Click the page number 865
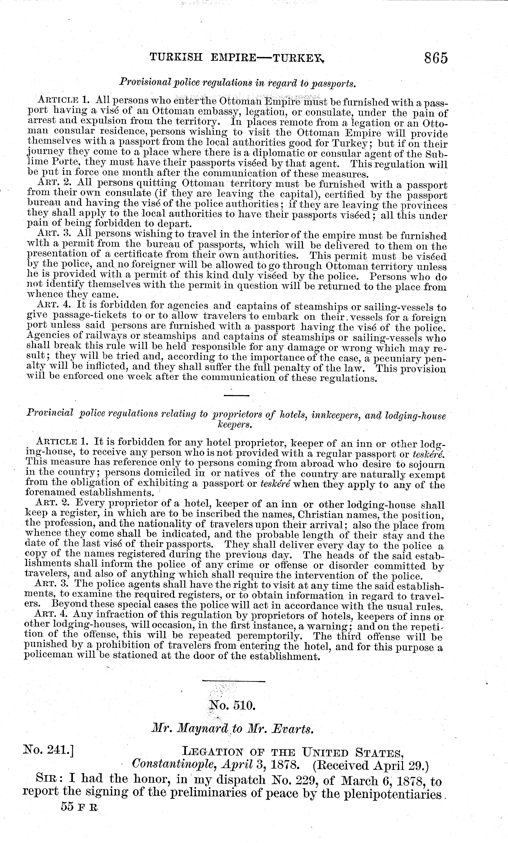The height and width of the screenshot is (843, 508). point(436,58)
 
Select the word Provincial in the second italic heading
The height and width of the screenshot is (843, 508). point(50,413)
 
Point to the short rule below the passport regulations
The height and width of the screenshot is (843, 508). point(237,395)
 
